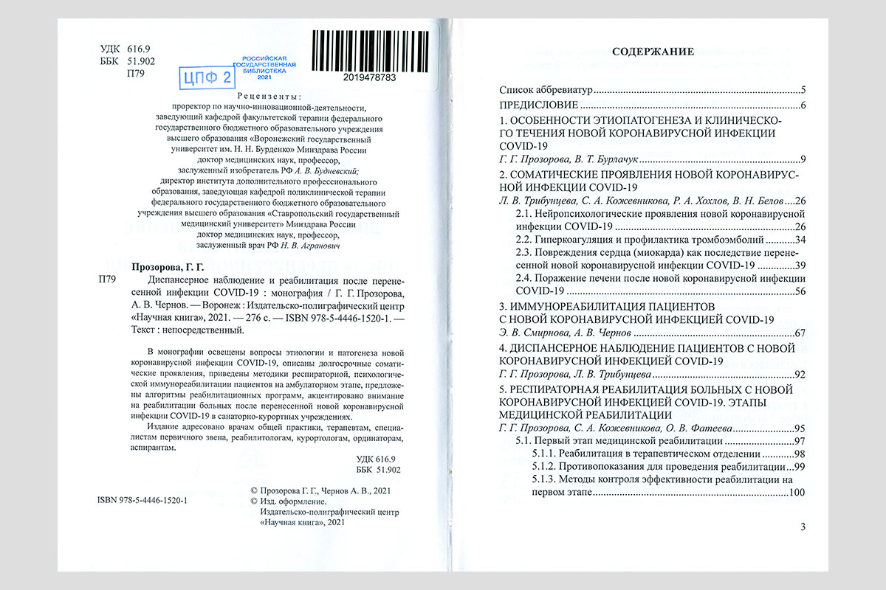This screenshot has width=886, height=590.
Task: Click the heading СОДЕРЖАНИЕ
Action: tap(653, 52)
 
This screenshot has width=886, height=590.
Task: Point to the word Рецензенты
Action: tap(269, 96)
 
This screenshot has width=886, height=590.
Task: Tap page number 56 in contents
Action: tap(799, 291)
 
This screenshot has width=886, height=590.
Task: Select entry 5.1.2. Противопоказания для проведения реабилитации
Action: tap(657, 467)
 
